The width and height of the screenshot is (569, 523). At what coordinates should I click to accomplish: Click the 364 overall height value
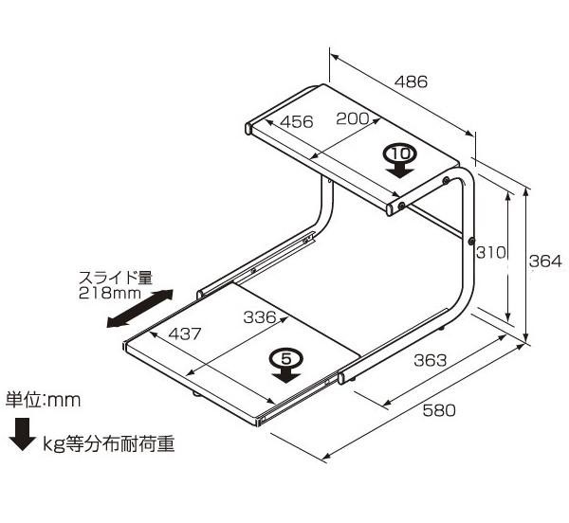(x=545, y=261)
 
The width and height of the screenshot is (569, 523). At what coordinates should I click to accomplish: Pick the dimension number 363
(x=430, y=361)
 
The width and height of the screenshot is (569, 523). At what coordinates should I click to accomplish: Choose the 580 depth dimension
(x=438, y=410)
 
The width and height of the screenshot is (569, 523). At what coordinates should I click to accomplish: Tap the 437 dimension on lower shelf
(x=185, y=334)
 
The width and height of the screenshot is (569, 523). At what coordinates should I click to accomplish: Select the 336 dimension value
(x=259, y=317)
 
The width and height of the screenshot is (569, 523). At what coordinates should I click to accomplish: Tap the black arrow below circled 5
(x=284, y=374)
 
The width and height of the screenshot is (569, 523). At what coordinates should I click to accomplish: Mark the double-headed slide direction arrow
(x=138, y=310)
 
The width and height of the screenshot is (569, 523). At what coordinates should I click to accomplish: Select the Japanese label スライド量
(x=115, y=279)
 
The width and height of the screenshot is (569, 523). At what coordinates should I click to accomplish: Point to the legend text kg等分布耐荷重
(x=111, y=442)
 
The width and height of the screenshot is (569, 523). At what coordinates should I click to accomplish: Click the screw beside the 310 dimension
(x=470, y=242)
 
